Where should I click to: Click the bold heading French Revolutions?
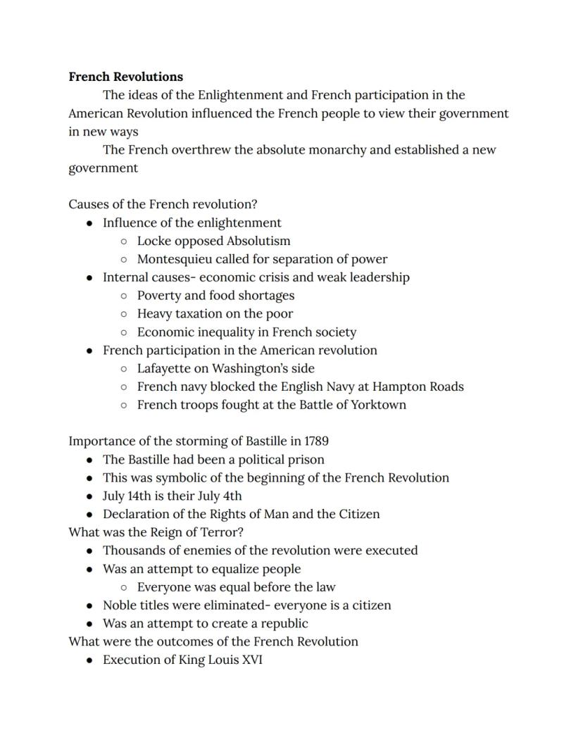(125, 77)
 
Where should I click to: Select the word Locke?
(153, 241)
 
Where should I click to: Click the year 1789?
(316, 441)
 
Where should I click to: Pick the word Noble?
(120, 605)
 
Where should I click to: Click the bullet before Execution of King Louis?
(89, 660)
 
